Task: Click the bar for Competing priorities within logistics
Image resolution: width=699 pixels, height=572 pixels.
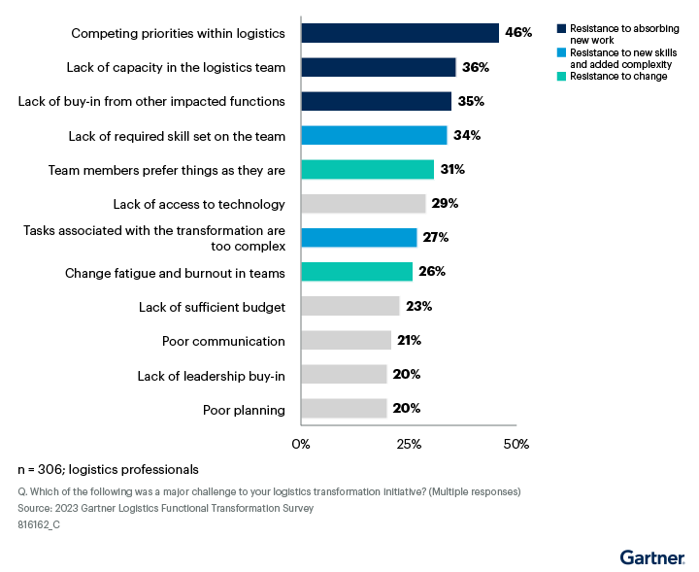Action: coord(400,33)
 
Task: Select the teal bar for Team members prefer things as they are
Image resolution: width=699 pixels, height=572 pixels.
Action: coord(367,170)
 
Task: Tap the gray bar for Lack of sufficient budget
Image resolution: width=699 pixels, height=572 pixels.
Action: coord(349,307)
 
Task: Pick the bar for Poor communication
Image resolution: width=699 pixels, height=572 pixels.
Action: coord(346,341)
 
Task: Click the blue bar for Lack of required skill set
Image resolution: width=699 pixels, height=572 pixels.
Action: coord(374,135)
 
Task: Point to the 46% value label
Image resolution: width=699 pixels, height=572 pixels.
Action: coord(517,33)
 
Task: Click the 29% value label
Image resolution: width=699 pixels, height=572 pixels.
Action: coord(446,204)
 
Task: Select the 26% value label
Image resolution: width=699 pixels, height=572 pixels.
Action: coord(432,272)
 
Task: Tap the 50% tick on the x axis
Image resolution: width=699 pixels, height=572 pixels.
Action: coord(516,444)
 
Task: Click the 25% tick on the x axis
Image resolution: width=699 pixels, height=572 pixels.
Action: coord(409,444)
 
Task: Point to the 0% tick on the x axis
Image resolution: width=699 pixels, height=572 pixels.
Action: coord(301,444)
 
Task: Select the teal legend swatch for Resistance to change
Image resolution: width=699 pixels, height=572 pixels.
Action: coord(562,76)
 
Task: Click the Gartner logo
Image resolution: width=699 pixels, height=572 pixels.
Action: coord(652,556)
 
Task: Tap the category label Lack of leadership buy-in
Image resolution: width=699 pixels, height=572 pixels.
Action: coord(218,375)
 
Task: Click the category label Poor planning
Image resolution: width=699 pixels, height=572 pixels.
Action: coord(244,410)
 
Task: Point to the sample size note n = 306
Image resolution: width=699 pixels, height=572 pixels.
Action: coord(108,468)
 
